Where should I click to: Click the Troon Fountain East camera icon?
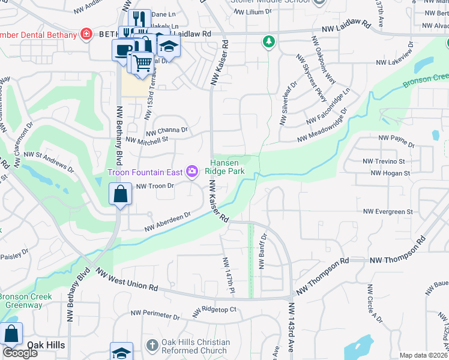click(192, 173)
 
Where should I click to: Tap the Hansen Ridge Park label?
click(228, 167)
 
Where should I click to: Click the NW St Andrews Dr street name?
click(55, 163)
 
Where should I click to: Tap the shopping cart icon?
click(142, 62)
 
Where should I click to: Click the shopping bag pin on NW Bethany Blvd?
click(121, 194)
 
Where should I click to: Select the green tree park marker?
click(268, 41)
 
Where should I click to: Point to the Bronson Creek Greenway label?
click(25, 301)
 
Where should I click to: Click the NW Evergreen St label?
click(388, 212)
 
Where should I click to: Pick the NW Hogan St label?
click(390, 173)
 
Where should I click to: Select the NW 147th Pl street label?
click(228, 275)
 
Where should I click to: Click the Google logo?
click(20, 353)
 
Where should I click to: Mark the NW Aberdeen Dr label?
click(167, 222)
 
